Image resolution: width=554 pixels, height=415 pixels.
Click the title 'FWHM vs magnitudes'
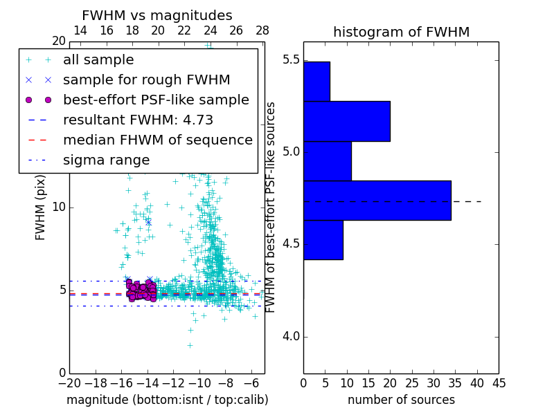tap(157, 15)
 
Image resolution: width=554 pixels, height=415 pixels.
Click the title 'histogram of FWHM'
tap(401, 32)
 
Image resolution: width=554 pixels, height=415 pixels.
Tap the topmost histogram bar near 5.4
tap(316, 81)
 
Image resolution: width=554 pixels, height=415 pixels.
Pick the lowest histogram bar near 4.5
tap(323, 240)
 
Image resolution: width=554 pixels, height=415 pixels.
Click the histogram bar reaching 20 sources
tap(346, 121)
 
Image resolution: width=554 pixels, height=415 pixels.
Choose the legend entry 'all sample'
tap(98, 60)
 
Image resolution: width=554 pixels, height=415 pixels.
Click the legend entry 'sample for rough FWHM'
tap(146, 80)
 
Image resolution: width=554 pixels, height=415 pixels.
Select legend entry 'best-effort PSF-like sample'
tap(156, 100)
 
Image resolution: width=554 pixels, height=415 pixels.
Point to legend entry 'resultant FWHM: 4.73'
tap(138, 120)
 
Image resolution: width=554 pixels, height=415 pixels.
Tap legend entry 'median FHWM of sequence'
tap(157, 140)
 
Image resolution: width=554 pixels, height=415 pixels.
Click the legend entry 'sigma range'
tap(106, 160)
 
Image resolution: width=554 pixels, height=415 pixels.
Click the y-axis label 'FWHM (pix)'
tap(41, 208)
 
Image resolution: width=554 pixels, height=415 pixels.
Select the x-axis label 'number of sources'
tap(401, 400)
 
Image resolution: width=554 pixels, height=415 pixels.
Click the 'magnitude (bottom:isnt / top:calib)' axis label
tap(167, 400)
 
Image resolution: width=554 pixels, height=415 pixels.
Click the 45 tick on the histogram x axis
tap(499, 382)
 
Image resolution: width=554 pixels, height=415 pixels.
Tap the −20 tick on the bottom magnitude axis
tap(69, 382)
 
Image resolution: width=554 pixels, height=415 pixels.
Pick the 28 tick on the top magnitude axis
tap(262, 31)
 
